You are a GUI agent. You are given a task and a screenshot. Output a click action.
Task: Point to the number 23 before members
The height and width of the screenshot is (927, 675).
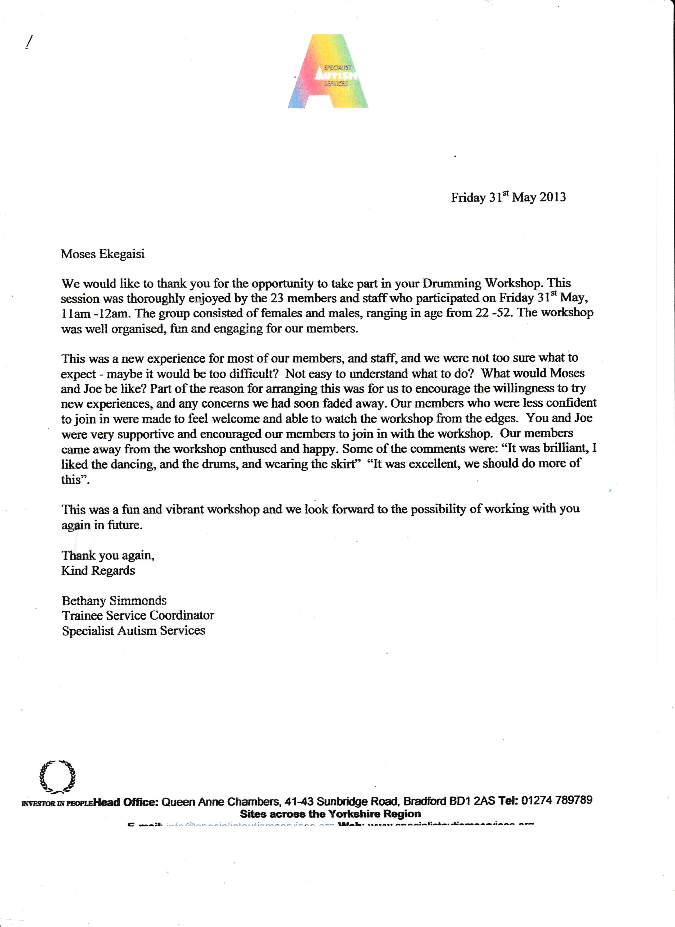277,298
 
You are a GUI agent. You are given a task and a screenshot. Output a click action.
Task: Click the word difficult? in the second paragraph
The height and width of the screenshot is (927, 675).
254,374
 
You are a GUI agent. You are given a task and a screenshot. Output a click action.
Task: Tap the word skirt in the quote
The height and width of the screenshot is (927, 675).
343,464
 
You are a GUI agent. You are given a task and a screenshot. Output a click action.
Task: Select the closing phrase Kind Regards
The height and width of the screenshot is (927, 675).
98,571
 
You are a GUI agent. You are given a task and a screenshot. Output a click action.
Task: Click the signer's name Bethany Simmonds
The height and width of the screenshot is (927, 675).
114,601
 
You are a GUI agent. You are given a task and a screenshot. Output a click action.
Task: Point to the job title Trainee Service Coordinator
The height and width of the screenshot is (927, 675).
138,616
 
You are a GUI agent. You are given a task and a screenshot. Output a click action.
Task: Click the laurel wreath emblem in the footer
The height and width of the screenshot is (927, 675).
57,775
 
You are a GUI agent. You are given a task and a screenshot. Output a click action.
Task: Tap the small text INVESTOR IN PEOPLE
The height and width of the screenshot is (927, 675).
57,803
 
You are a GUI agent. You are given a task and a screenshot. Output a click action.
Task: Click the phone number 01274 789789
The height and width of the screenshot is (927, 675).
556,800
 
